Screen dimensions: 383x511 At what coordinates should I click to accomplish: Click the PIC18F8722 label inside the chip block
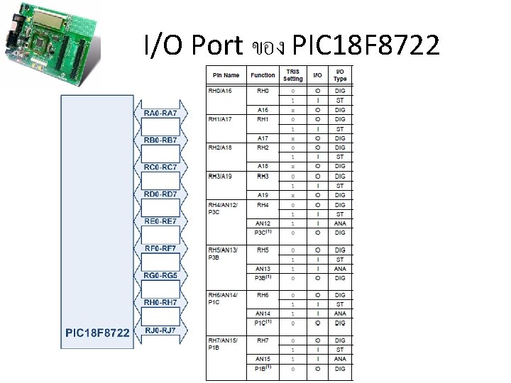[97, 333]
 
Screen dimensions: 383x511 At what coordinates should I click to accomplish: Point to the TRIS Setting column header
[292, 75]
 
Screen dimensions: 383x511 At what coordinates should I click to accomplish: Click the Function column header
[263, 75]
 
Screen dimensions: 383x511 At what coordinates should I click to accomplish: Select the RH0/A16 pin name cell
[221, 91]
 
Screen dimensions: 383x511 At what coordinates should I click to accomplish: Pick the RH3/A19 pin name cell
[221, 175]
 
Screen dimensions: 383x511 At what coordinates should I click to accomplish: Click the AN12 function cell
[263, 223]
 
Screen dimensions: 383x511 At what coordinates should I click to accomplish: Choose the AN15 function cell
[263, 359]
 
